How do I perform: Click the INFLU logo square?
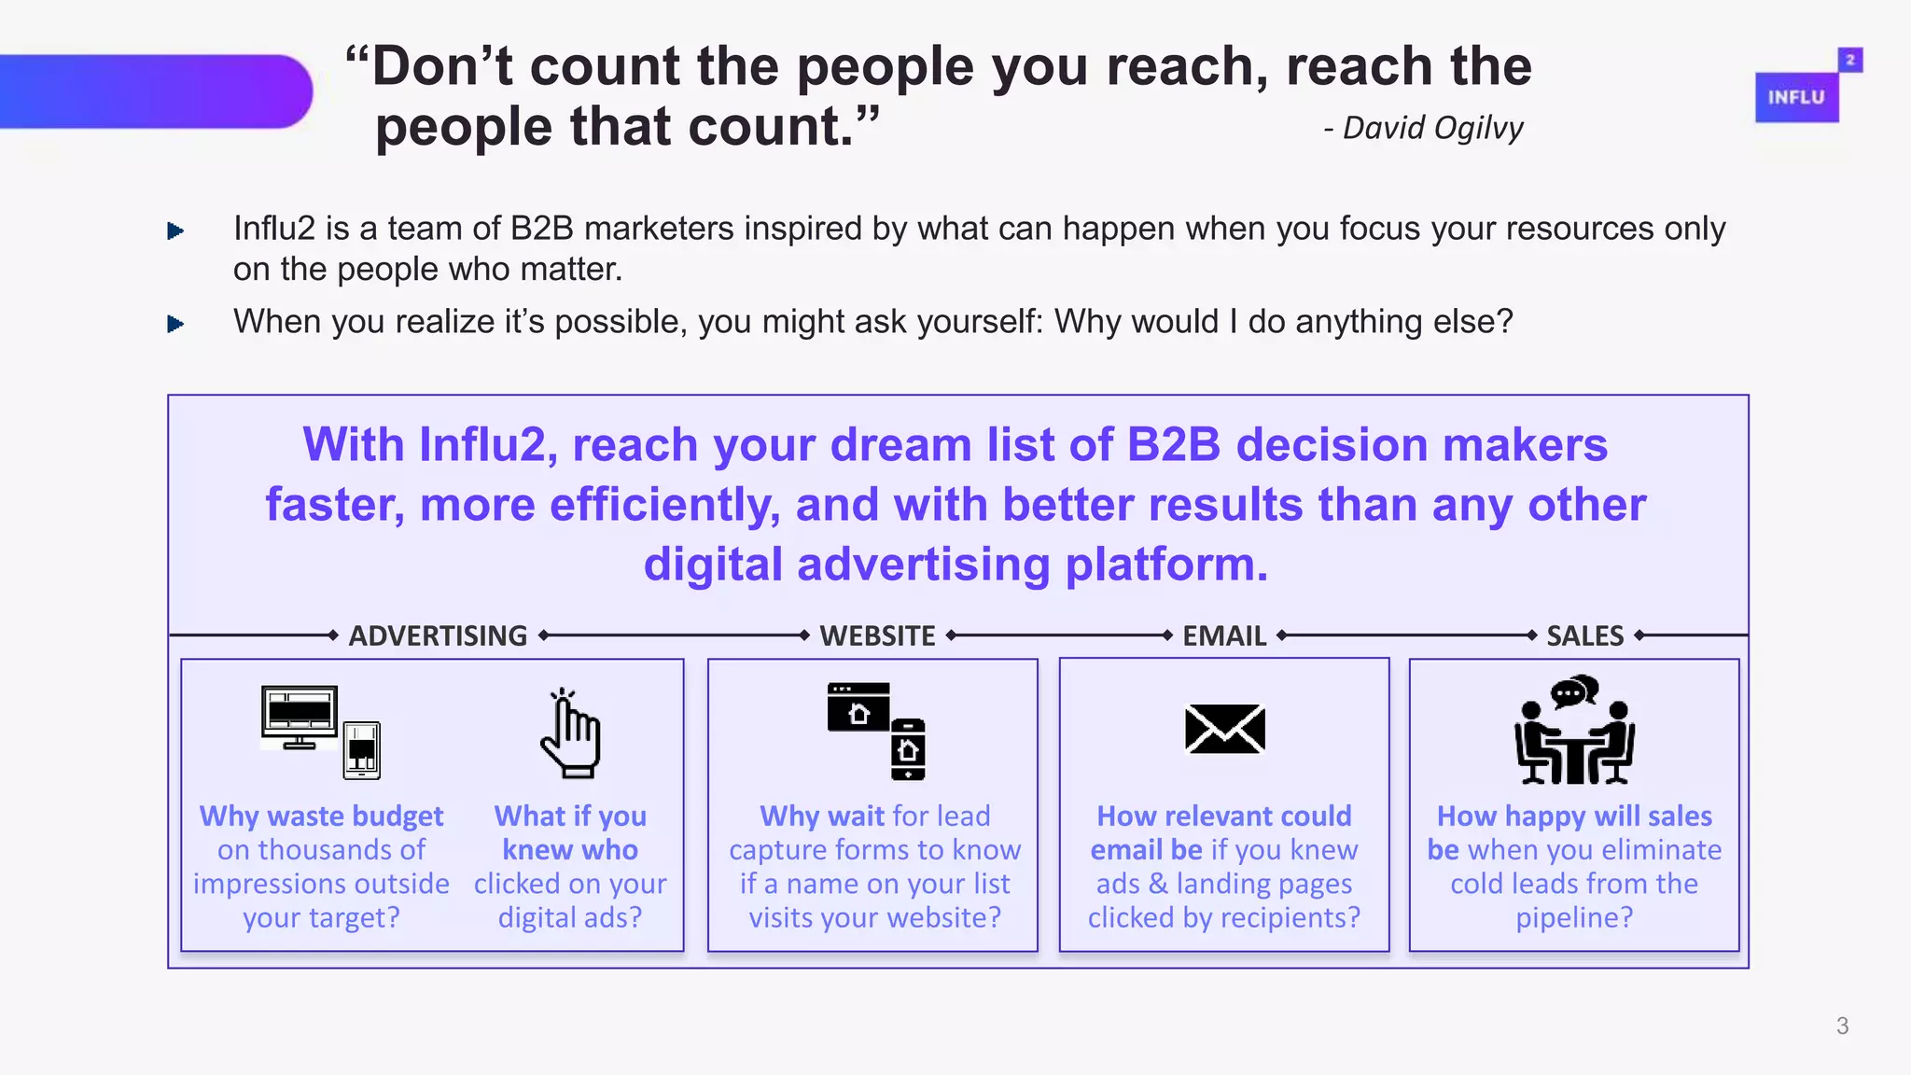click(x=1796, y=97)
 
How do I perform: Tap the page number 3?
click(x=1842, y=1026)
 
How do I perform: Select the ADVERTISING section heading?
click(x=438, y=635)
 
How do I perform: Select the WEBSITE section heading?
click(x=877, y=635)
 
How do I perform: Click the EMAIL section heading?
click(x=1224, y=635)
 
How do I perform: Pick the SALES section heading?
click(x=1584, y=635)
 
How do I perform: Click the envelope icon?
click(x=1224, y=729)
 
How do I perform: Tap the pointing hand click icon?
click(x=570, y=733)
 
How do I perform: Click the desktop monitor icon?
click(x=300, y=717)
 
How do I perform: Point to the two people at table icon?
click(x=1574, y=731)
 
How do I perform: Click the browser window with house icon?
click(x=858, y=707)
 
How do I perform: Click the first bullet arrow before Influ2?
click(x=174, y=230)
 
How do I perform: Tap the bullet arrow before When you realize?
click(x=174, y=324)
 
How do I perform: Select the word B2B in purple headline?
click(x=1173, y=444)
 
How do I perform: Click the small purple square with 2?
click(x=1849, y=60)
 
